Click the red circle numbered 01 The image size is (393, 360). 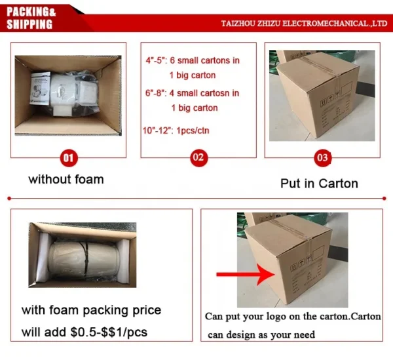click(68, 158)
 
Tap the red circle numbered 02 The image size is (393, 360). click(198, 157)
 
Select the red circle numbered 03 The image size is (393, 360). click(322, 158)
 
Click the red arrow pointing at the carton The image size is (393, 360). click(246, 274)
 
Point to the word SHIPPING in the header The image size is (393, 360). click(29, 24)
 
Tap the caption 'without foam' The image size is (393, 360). click(66, 180)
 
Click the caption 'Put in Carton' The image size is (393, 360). click(319, 184)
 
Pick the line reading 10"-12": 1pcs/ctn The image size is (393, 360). click(176, 130)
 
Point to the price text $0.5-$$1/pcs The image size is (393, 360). click(109, 332)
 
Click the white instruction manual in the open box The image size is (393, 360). click(40, 88)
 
